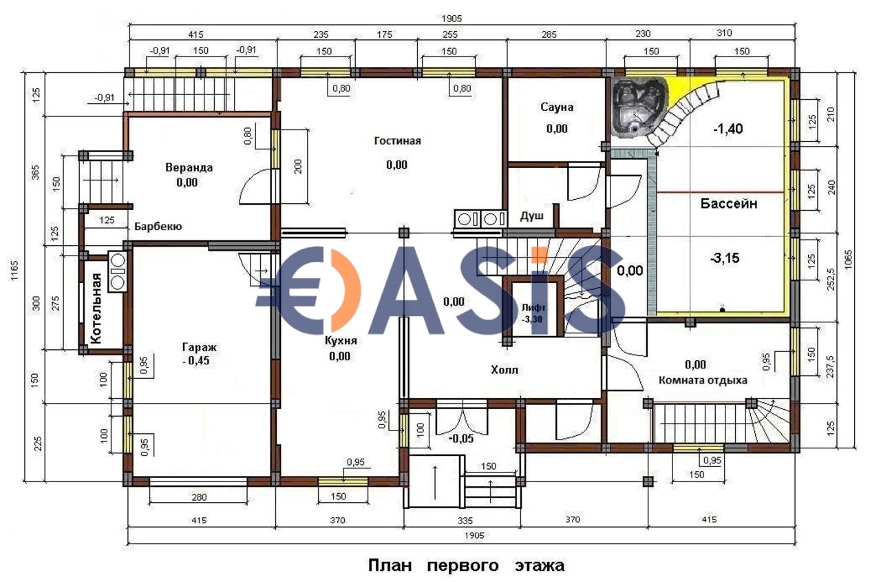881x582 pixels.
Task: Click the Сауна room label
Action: (x=557, y=107)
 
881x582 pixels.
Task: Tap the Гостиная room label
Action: (x=397, y=141)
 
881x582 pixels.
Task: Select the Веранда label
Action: (x=189, y=167)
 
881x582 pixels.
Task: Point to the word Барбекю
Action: (x=158, y=227)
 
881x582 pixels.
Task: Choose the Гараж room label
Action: (x=199, y=347)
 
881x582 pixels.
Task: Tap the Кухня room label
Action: (x=341, y=341)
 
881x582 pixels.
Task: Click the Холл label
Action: (x=505, y=370)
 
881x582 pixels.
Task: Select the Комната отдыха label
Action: (x=703, y=380)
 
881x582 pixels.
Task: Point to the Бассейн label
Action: (x=729, y=203)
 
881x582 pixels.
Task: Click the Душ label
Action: (x=532, y=216)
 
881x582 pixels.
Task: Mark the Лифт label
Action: (x=533, y=308)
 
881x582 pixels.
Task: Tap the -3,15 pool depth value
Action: (x=725, y=258)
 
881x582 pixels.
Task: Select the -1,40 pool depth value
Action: (x=728, y=129)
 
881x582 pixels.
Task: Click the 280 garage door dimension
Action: (x=199, y=497)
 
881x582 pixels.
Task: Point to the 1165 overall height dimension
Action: (x=14, y=271)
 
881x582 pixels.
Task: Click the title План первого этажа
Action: (x=466, y=566)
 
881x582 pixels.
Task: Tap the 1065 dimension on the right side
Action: (x=848, y=260)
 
